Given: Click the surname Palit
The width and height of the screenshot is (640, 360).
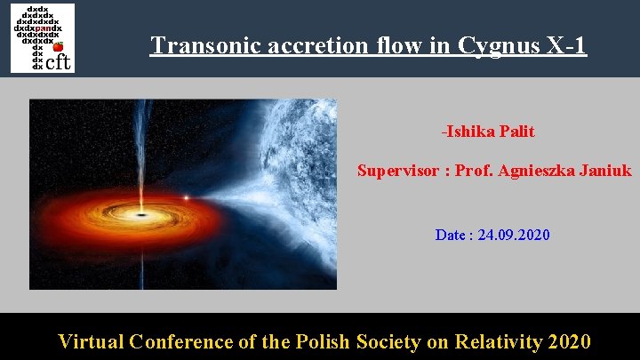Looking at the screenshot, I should tap(517, 132).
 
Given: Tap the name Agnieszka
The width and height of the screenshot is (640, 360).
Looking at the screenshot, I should tap(537, 170).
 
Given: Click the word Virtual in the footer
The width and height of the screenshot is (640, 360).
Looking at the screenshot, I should tap(91, 341).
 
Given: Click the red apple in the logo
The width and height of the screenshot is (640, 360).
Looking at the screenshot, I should tap(58, 47).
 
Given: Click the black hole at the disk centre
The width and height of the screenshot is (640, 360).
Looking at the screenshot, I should tap(140, 214).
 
